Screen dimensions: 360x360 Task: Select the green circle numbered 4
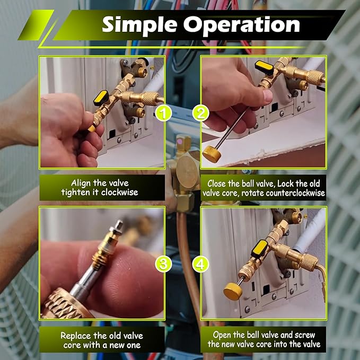coord(201,263)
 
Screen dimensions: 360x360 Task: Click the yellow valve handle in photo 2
coord(264,67)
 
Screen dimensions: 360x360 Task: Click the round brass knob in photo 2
coord(213,153)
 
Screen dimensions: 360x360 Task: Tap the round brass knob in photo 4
coord(233,290)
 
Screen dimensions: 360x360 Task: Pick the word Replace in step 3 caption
coord(76,335)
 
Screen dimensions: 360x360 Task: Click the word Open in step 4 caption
coord(223,335)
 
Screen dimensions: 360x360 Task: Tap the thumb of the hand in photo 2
coord(263,96)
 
